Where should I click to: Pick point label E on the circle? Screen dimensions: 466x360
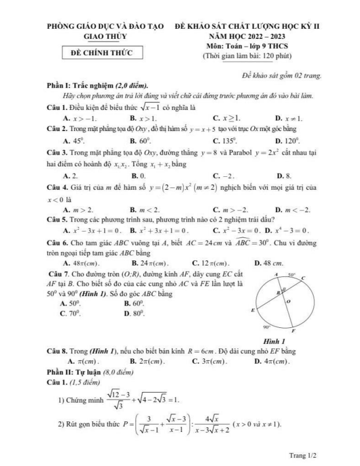tap(252, 309)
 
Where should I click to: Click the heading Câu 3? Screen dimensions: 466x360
tap(58, 152)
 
